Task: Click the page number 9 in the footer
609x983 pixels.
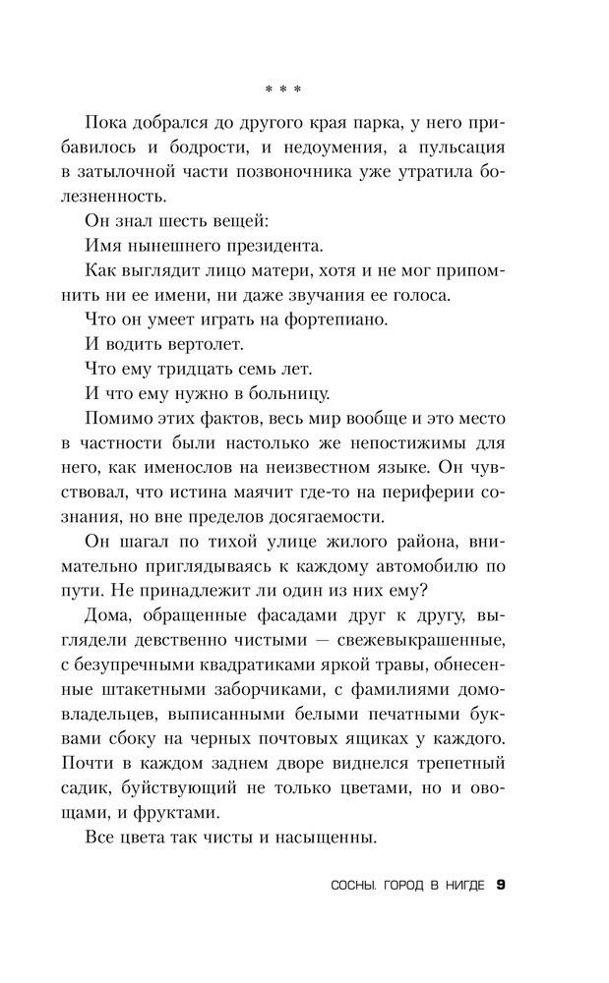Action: (x=501, y=885)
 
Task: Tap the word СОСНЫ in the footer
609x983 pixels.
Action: (x=357, y=886)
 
